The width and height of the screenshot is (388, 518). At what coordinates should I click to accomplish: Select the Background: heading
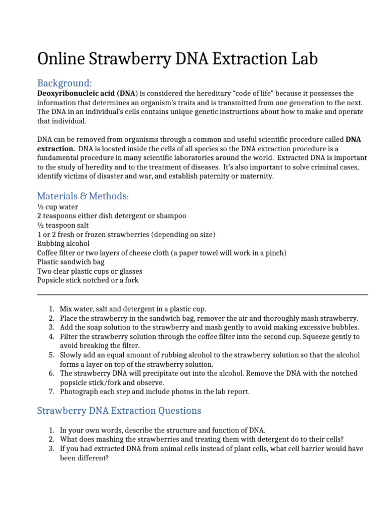point(65,83)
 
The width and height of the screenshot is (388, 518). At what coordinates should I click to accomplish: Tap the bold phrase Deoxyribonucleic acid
point(76,94)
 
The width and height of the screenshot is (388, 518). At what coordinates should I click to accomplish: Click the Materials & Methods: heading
point(83,196)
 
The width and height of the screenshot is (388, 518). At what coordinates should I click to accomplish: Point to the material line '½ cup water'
point(58,207)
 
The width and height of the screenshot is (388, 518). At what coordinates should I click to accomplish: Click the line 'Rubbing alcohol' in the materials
point(63,243)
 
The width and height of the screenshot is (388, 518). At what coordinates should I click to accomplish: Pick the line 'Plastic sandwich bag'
point(71,262)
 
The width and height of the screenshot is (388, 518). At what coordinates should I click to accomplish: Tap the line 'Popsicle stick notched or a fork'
point(87,280)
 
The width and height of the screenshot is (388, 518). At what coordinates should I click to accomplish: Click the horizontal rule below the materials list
point(202,294)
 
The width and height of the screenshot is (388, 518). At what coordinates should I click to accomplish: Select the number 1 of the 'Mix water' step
point(51,309)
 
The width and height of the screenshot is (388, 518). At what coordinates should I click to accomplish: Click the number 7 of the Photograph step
point(51,392)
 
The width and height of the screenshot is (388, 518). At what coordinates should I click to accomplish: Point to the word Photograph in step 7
point(79,392)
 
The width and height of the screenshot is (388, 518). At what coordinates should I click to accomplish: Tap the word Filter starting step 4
point(69,336)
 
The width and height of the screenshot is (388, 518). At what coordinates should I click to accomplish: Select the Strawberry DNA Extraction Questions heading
point(119,410)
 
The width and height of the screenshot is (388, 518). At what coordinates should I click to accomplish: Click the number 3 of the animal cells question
point(51,449)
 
